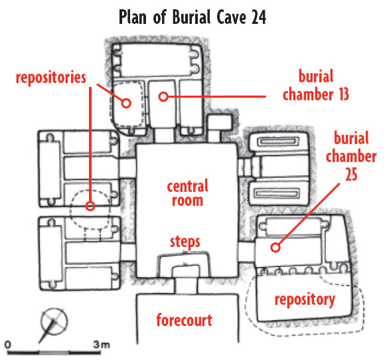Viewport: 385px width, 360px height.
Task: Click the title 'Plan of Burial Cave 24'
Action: pos(193,17)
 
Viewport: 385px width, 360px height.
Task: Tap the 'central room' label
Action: pos(188,193)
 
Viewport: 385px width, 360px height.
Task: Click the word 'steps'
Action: pos(185,242)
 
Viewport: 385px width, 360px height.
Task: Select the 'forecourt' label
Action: pos(184,320)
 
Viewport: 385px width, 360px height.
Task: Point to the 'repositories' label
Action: pos(51,78)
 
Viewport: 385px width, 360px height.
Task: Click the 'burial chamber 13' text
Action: pos(316,85)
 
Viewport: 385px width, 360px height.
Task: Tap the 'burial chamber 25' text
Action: pos(351,156)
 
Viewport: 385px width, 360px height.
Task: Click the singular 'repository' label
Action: pos(305,300)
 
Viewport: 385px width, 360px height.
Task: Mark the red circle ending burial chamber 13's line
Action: pos(163,96)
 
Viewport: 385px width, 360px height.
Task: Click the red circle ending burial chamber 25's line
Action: pos(275,248)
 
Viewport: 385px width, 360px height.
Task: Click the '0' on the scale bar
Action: pos(8,344)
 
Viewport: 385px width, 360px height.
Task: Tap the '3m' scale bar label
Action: pos(101,345)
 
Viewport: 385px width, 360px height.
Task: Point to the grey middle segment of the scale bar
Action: pos(54,353)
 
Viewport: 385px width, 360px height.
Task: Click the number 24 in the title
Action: pos(259,17)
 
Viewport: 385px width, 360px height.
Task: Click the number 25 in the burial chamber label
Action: pos(351,175)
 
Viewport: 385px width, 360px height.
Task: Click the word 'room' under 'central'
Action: pos(188,201)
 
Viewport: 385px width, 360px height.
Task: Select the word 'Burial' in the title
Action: pos(192,17)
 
